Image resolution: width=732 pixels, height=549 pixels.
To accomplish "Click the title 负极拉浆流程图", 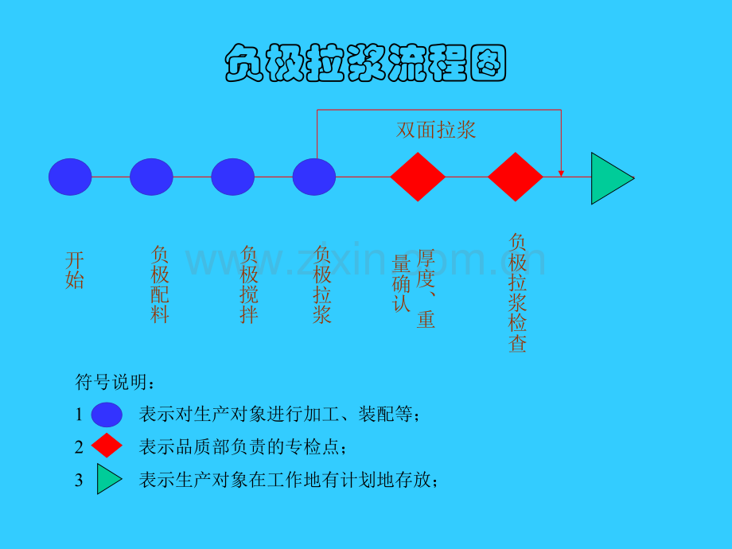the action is point(365,63).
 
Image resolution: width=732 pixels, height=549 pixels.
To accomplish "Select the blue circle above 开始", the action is point(70,177).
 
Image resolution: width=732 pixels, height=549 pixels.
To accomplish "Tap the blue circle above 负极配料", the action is point(151,177).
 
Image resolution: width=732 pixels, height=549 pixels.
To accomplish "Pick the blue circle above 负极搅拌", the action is point(232,177).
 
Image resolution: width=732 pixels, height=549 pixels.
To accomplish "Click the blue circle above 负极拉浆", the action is point(313,177).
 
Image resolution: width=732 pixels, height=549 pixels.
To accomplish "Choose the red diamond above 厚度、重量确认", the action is point(418,177).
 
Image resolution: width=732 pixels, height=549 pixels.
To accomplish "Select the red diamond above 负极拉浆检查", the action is point(516,177).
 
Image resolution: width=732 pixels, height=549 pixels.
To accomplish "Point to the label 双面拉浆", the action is point(435,130).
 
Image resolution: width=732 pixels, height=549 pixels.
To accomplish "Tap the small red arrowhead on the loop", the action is point(561,173).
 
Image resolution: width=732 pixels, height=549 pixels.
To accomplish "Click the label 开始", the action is point(75,271).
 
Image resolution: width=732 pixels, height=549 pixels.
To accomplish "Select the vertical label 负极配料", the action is point(160,284).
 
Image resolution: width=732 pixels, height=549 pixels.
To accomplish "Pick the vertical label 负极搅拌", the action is point(249,284).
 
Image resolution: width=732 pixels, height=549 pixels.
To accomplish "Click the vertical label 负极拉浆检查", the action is point(517,293).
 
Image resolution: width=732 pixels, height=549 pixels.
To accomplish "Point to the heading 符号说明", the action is point(115,383).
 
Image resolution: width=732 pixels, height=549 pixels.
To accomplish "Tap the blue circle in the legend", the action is point(107,415).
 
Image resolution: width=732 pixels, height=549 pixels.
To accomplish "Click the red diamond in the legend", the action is point(107,445).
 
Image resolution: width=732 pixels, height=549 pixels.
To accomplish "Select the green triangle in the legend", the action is point(109,478).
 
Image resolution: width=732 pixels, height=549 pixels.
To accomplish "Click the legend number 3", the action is point(79,481).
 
